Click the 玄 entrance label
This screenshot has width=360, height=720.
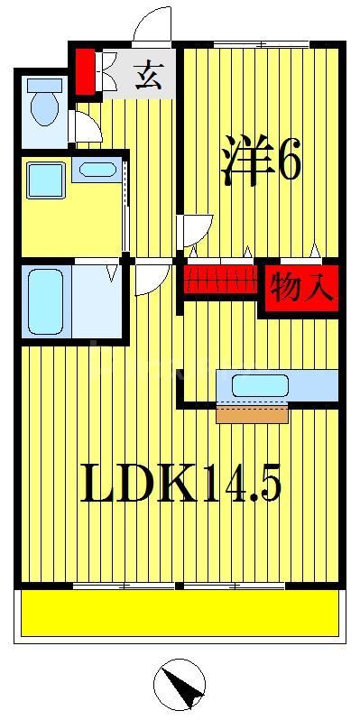point(149,75)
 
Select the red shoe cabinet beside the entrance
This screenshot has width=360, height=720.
point(85,72)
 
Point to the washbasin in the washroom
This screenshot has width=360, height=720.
point(95,169)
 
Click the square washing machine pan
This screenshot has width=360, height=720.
point(44,180)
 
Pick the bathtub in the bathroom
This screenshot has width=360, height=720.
point(44,300)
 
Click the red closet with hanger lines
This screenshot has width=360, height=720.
point(220,280)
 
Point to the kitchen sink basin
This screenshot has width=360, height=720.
point(259,385)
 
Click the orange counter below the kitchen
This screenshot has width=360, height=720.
point(252,413)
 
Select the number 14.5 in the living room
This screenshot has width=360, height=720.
point(240,485)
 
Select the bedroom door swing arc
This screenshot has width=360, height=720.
point(196,228)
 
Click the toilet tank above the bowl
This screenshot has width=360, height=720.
point(42,87)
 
